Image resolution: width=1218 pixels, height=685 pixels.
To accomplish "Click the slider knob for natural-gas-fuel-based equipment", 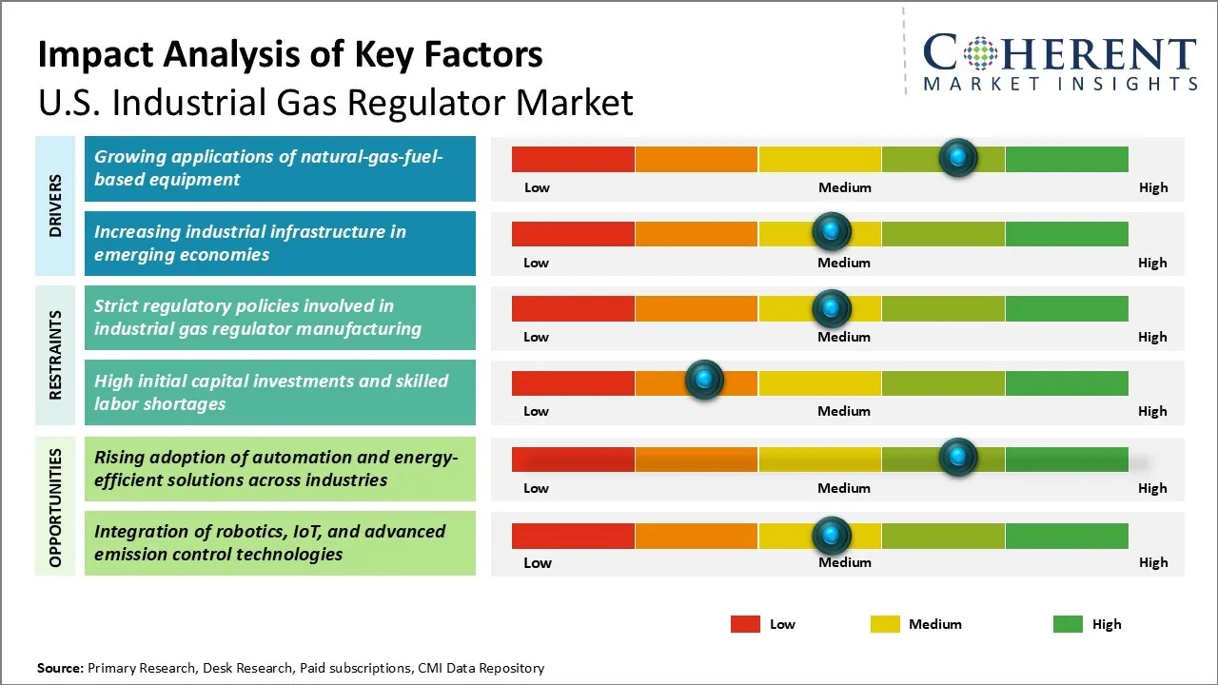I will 958,157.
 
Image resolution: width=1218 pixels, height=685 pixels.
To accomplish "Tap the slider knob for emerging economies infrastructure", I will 832,231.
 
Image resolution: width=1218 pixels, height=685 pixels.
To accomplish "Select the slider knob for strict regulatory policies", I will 832,307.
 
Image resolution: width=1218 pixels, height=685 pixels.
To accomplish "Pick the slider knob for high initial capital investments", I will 704,381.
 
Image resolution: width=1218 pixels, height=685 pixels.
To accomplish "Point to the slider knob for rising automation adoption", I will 958,458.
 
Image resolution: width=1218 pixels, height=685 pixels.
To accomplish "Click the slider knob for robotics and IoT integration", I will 832,536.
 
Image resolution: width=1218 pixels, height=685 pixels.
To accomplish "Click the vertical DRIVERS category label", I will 55,205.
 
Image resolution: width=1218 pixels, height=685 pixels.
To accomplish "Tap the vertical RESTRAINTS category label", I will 55,355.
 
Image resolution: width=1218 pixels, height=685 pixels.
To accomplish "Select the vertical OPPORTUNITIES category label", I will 55,507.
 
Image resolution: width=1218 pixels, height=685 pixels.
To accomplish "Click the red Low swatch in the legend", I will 745,624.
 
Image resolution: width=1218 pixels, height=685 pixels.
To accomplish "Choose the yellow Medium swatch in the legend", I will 885,624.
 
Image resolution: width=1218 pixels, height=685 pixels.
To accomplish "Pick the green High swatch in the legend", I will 1068,624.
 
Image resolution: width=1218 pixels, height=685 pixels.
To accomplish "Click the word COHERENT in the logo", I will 1059,54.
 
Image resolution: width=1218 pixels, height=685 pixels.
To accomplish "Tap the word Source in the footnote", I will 60,668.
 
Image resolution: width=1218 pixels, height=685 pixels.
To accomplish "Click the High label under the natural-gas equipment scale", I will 1153,187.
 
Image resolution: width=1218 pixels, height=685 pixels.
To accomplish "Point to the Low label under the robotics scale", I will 537,562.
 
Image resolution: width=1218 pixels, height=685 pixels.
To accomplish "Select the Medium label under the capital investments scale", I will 844,411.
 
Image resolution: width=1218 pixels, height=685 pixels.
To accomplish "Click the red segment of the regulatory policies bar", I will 573,308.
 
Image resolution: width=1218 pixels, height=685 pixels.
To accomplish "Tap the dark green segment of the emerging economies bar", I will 1067,233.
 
